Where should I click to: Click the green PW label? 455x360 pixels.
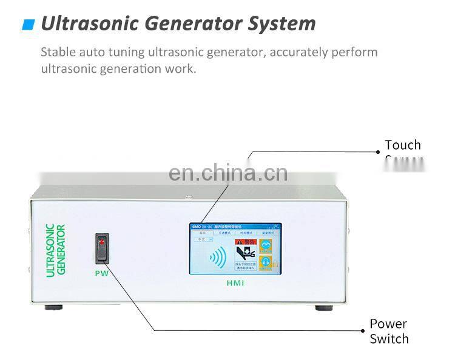click(x=102, y=273)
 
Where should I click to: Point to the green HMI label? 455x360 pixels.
click(x=234, y=283)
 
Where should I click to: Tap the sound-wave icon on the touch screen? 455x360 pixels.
click(x=218, y=258)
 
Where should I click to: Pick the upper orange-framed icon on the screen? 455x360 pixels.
click(x=266, y=246)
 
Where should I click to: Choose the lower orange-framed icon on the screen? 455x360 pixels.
click(x=266, y=263)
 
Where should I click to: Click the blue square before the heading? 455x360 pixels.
click(x=28, y=25)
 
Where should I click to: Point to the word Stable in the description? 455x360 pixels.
click(x=58, y=52)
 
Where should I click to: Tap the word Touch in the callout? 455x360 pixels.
click(x=402, y=145)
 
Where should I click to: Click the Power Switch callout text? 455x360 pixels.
click(x=388, y=331)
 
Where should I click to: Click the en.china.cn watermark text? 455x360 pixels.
click(x=227, y=173)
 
